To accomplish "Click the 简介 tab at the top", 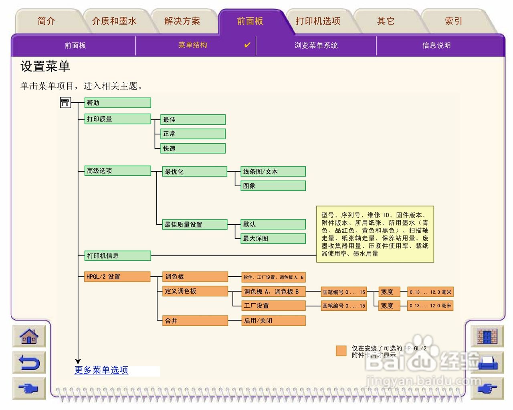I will (x=46, y=21).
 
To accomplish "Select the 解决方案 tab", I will (x=182, y=21).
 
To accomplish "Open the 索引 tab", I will (x=453, y=21).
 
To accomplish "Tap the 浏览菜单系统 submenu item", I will (x=316, y=45).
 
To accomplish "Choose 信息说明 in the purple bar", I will (x=436, y=45).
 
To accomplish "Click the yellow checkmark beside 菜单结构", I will (x=247, y=45).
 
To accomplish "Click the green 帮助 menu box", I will (x=117, y=103).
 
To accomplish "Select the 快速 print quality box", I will (x=193, y=148).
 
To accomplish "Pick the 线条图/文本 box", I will (x=273, y=172).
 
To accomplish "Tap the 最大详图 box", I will (x=273, y=238).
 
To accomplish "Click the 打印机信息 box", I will (x=117, y=256).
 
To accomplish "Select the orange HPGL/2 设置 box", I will (x=117, y=276).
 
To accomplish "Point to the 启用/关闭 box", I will (x=273, y=321).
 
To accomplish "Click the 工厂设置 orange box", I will (x=273, y=306).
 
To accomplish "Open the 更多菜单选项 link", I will (x=101, y=370).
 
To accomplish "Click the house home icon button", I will (x=29, y=336).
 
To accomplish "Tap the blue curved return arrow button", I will (x=29, y=363).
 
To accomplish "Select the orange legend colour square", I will (x=341, y=351).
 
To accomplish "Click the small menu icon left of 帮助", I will (x=65, y=103).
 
